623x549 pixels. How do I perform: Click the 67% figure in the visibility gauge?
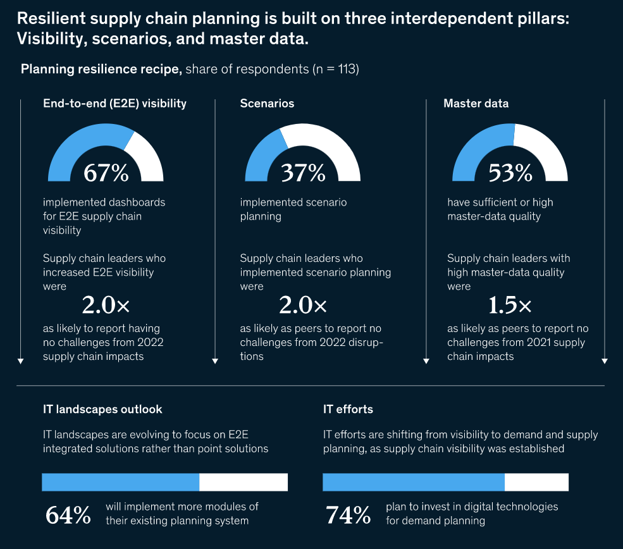106,173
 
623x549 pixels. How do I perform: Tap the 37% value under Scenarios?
302,173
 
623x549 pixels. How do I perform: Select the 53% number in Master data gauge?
510,173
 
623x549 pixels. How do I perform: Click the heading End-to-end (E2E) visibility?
114,103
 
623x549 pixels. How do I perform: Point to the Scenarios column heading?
267,103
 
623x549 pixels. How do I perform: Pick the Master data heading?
476,103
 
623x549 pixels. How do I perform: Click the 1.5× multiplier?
510,305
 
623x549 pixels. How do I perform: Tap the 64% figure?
68,515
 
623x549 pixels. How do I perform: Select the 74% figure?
348,515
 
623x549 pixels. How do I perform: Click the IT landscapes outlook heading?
102,409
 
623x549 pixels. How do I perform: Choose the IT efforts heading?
348,409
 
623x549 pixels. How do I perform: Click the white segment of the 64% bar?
244,482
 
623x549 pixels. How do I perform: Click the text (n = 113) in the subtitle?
336,70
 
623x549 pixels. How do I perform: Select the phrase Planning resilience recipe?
101,70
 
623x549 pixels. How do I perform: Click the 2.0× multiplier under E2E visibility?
106,305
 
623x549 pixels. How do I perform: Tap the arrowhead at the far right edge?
605,361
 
